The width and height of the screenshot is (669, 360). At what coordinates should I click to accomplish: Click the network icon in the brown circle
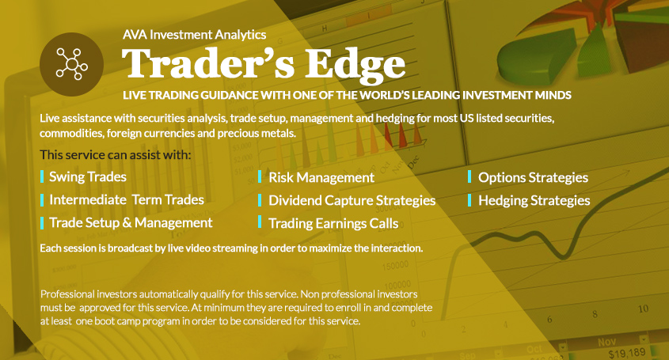pyautogui.click(x=72, y=64)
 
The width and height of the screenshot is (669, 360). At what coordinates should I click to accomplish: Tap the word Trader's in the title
pyautogui.click(x=208, y=63)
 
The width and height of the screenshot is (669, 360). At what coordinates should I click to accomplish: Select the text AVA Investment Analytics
pyautogui.click(x=195, y=35)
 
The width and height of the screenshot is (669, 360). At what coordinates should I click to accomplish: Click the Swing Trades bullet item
pyautogui.click(x=88, y=177)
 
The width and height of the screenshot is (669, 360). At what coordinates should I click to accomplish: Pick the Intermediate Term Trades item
pyautogui.click(x=127, y=199)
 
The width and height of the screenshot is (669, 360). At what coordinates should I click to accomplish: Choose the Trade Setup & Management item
pyautogui.click(x=131, y=222)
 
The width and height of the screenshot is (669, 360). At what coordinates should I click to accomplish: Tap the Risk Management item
pyautogui.click(x=321, y=177)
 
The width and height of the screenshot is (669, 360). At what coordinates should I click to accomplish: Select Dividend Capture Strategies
pyautogui.click(x=352, y=200)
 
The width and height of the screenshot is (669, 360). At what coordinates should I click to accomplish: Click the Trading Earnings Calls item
pyautogui.click(x=333, y=223)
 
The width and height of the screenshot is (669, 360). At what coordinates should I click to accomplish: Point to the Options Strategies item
pyautogui.click(x=534, y=177)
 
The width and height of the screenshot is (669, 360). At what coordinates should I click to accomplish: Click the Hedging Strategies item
pyautogui.click(x=534, y=200)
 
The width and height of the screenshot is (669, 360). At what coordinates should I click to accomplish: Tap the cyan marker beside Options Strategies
pyautogui.click(x=469, y=176)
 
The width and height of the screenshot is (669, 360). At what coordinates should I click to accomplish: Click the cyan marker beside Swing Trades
pyautogui.click(x=42, y=176)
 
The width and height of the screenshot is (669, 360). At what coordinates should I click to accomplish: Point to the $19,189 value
pyautogui.click(x=627, y=353)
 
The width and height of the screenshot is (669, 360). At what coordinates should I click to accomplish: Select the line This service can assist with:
pyautogui.click(x=116, y=155)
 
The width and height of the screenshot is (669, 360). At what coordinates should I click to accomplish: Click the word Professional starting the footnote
pyautogui.click(x=67, y=294)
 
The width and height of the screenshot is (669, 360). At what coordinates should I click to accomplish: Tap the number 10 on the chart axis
pyautogui.click(x=644, y=309)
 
